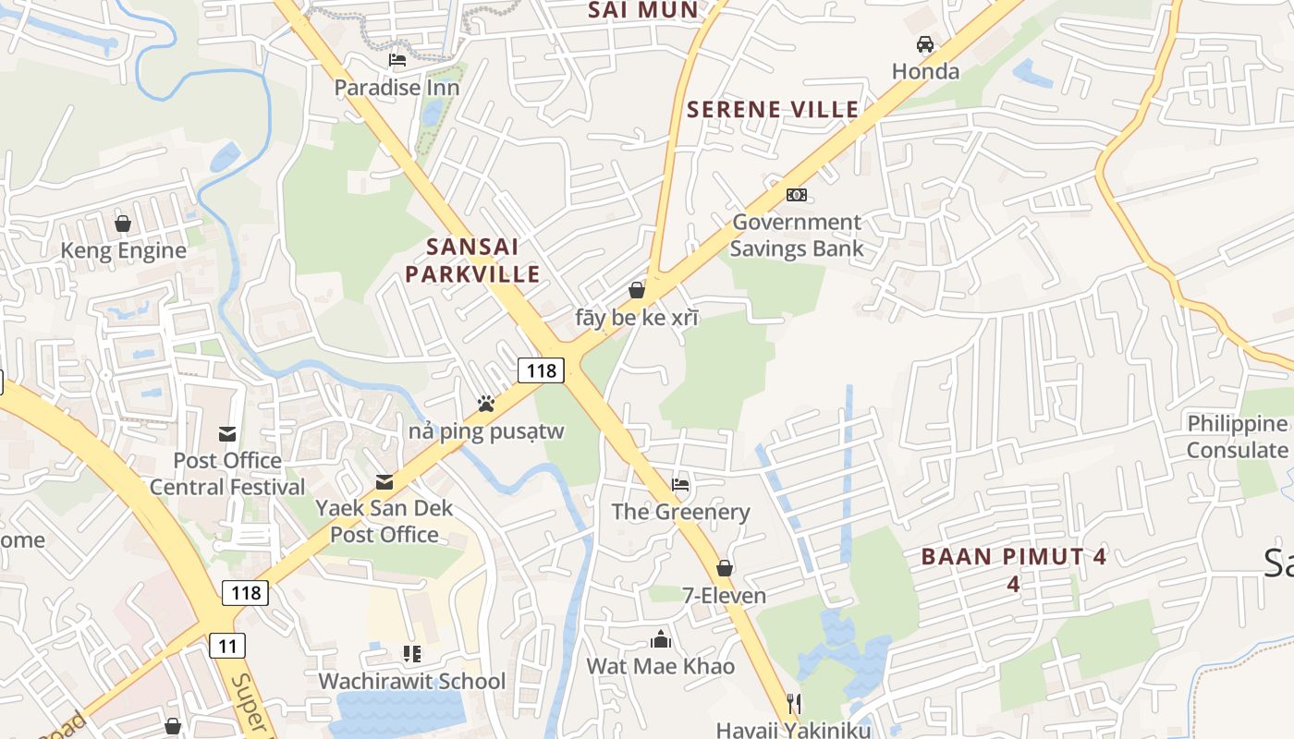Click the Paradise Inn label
coord(397,88)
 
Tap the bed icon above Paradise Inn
coord(397,61)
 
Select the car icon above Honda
coord(924,44)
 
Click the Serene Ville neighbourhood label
coord(773,110)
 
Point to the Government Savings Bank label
coord(796,236)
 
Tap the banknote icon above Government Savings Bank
coord(796,195)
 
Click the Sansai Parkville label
coord(472,260)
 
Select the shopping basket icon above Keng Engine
coord(122,224)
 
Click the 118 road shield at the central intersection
coord(540,370)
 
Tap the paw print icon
coord(485,404)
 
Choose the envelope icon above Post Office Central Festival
coord(226,434)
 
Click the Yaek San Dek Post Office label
coord(385,521)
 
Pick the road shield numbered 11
coord(227,645)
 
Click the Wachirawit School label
coord(411,681)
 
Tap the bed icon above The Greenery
coord(680,484)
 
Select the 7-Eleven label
coord(724,596)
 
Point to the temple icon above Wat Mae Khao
coord(660,639)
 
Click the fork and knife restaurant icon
coord(792,704)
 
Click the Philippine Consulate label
coord(1237,437)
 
